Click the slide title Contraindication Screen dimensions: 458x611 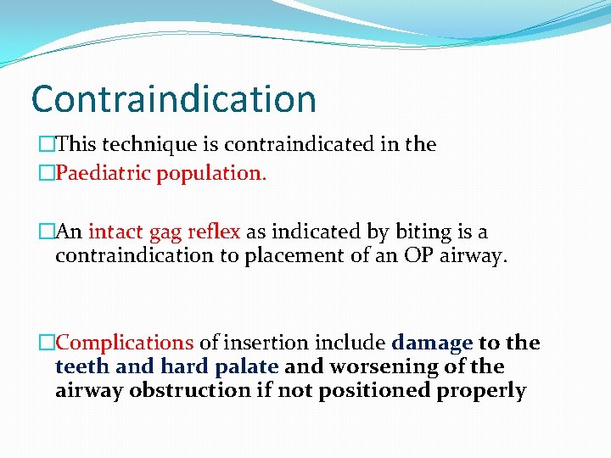[x=173, y=98]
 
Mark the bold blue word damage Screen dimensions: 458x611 [x=432, y=343]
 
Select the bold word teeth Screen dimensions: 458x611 [x=81, y=366]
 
